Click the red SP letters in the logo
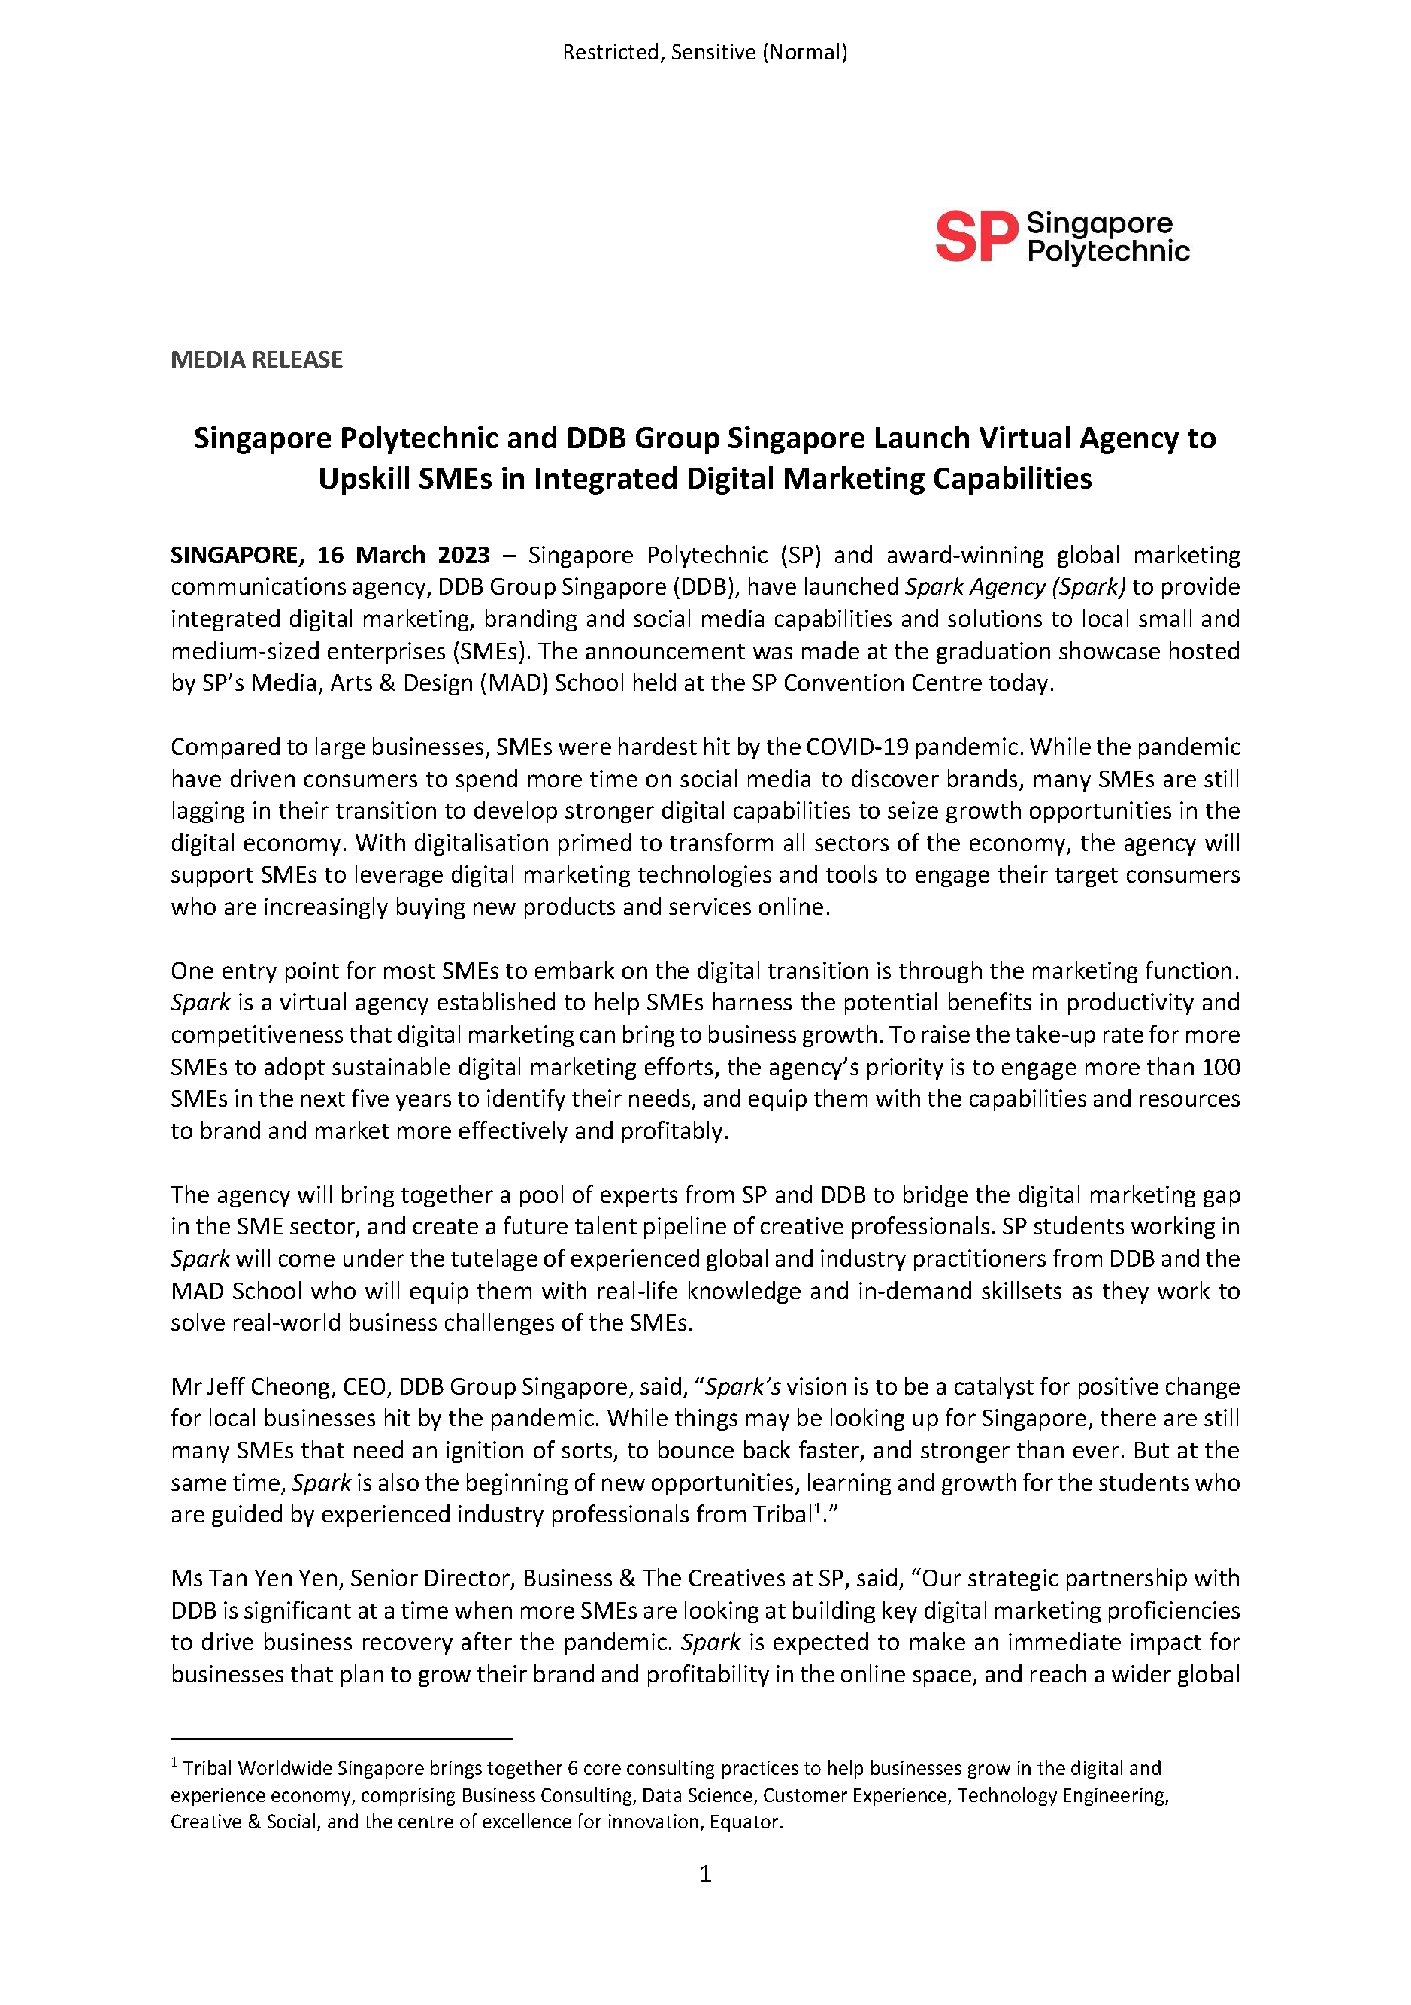click(x=976, y=237)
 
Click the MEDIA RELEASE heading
click(x=256, y=360)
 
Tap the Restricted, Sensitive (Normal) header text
click(x=704, y=53)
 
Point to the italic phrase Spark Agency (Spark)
click(x=1015, y=587)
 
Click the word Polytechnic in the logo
click(x=1108, y=253)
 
